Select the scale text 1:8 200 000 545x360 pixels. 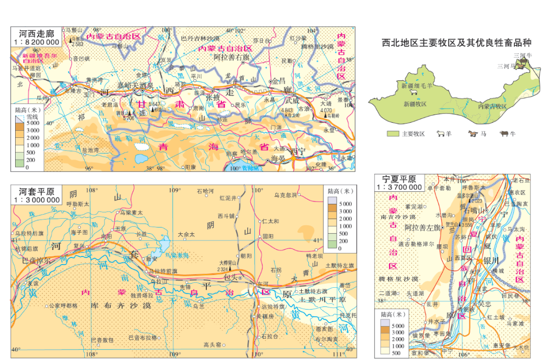pyautogui.click(x=36, y=42)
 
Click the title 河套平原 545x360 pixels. pyautogui.click(x=36, y=192)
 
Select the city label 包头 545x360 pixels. pyautogui.click(x=230, y=278)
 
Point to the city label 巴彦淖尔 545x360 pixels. pyautogui.click(x=36, y=261)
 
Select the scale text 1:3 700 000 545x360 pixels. pyautogui.click(x=399, y=187)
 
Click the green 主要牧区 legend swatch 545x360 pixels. pyautogui.click(x=393, y=134)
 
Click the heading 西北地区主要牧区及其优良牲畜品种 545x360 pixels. pyautogui.click(x=456, y=43)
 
